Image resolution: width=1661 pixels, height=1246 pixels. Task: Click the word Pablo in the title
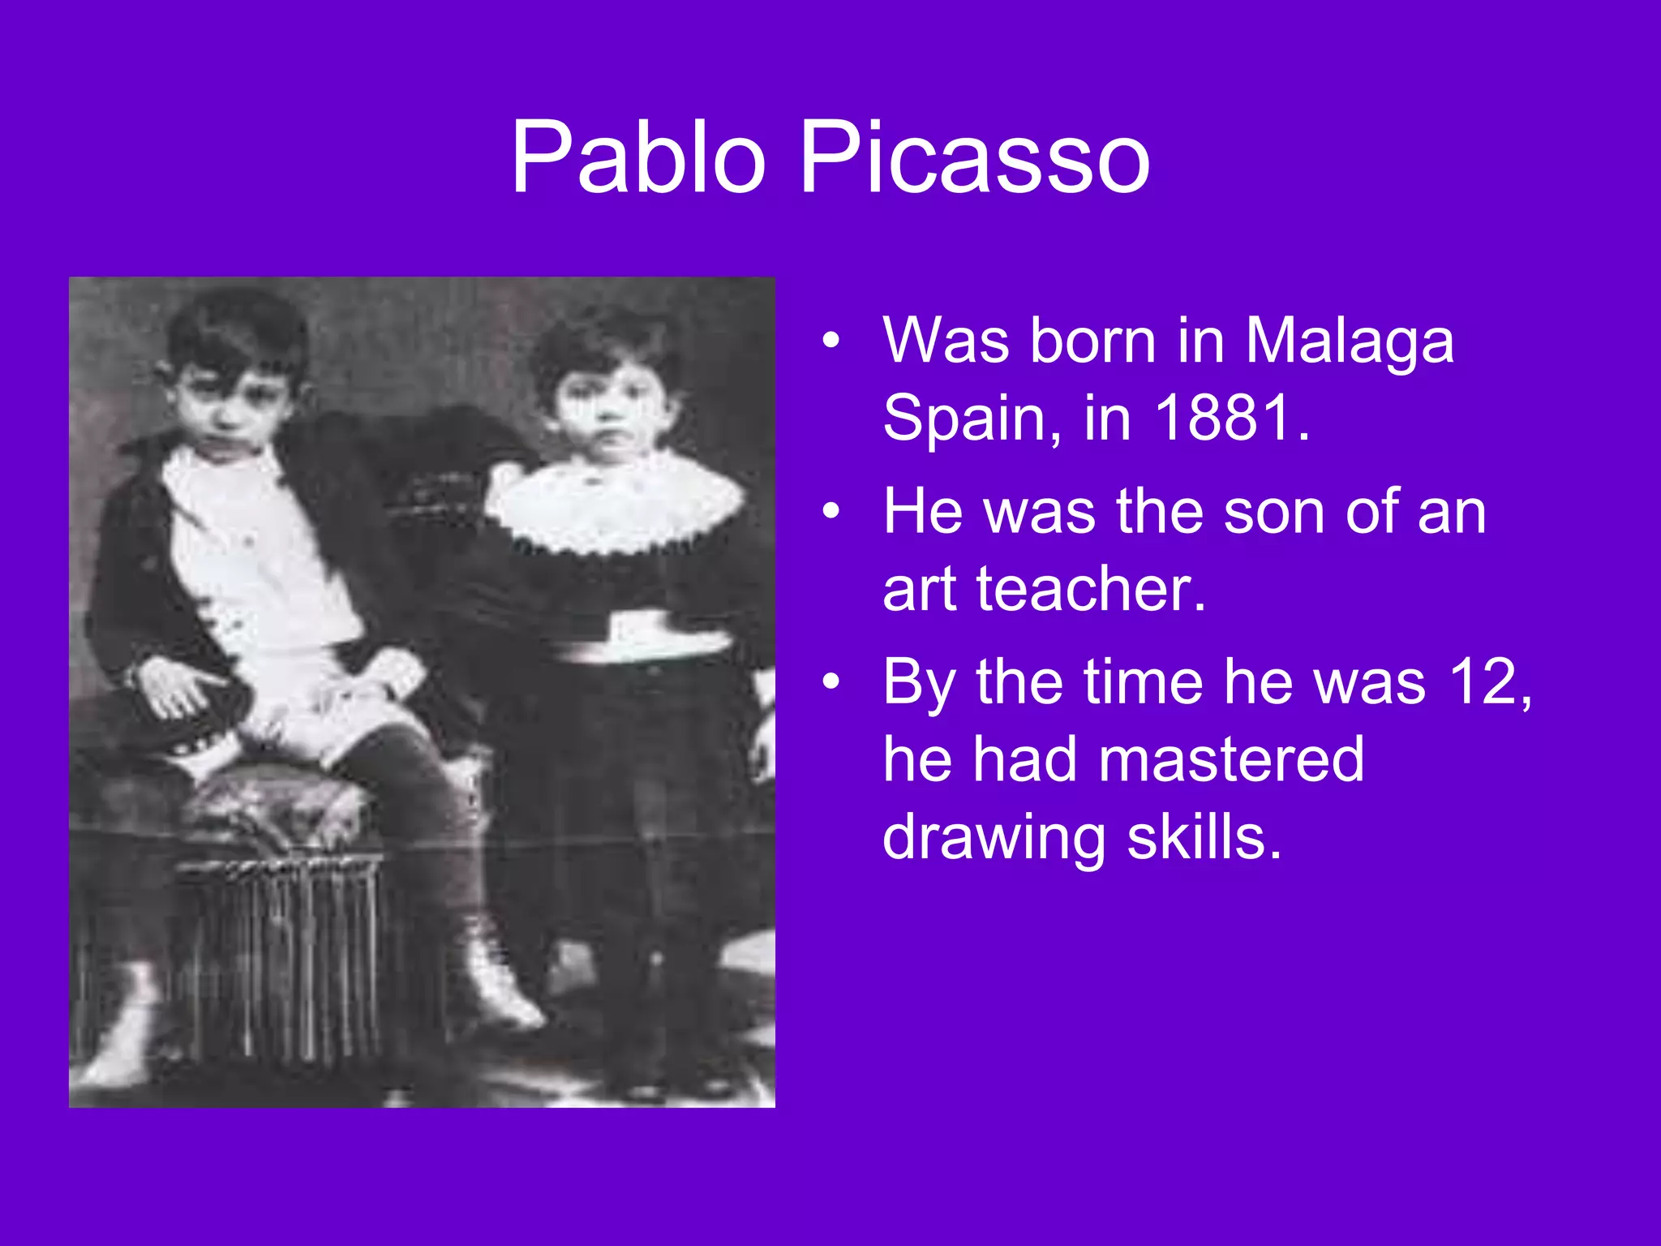pyautogui.click(x=637, y=157)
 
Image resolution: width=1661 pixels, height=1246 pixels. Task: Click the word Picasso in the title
pyautogui.click(x=975, y=157)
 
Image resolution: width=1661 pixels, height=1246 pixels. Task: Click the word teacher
pyautogui.click(x=1091, y=589)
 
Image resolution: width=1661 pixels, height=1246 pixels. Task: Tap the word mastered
pyautogui.click(x=1232, y=759)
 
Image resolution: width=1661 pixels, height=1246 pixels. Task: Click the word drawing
pyautogui.click(x=994, y=839)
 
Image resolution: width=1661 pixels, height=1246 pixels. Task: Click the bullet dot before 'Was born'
pyautogui.click(x=830, y=342)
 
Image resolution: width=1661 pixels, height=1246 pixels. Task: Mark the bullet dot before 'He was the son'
pyautogui.click(x=830, y=512)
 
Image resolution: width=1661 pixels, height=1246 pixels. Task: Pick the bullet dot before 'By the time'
pyautogui.click(x=830, y=682)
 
